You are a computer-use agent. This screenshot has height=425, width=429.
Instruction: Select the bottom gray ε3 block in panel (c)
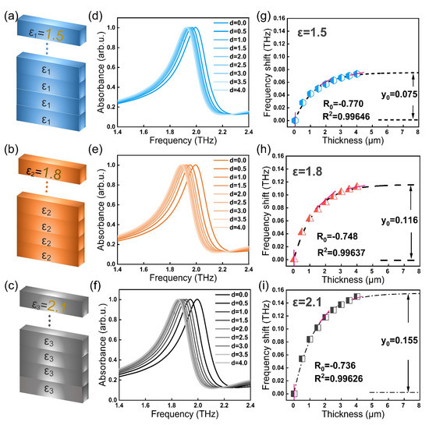point(49,391)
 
